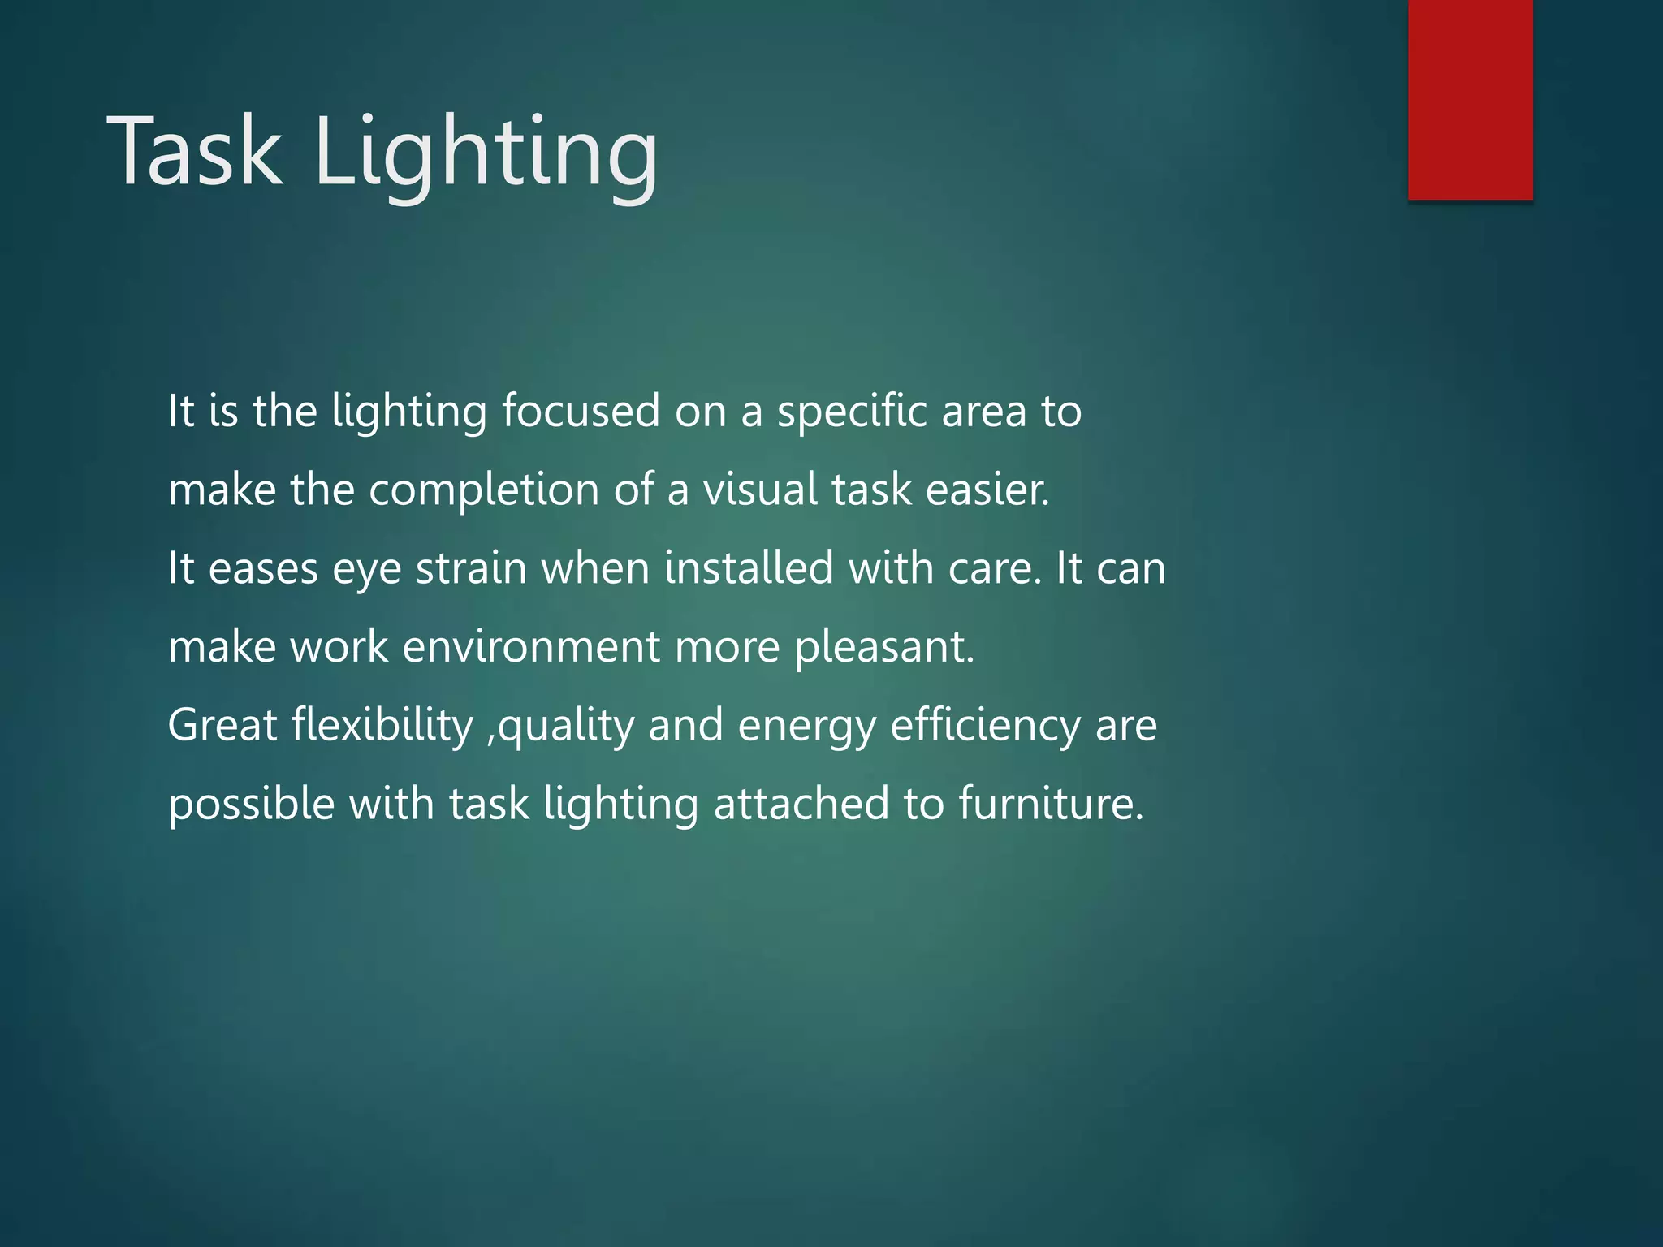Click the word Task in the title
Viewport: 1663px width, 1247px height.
[195, 152]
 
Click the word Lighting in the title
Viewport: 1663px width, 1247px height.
[485, 154]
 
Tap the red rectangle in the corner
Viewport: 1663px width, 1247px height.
[1470, 99]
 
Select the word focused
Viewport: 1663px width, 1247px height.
[581, 411]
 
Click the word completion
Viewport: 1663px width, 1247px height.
[484, 491]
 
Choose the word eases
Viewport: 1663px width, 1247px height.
[263, 568]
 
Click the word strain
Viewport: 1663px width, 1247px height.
[471, 568]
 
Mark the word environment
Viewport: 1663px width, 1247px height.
[531, 647]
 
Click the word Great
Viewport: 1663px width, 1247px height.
[222, 725]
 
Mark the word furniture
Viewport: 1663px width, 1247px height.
[1051, 804]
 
